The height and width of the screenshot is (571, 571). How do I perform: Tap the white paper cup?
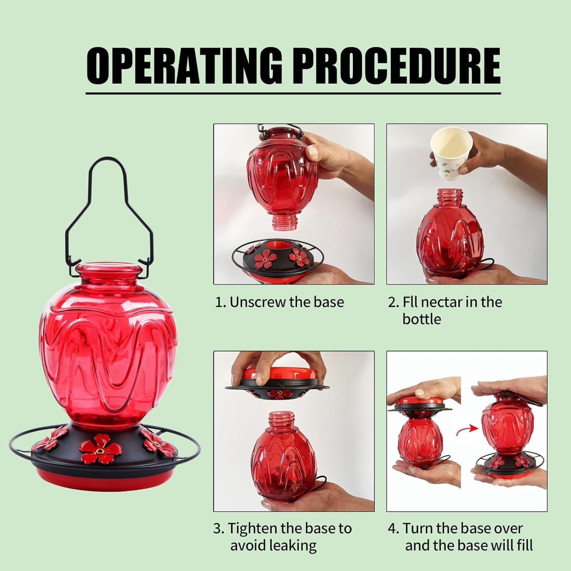[x=451, y=152]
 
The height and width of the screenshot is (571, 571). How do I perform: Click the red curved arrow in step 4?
[x=467, y=430]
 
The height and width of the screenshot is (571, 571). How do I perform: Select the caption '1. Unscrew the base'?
[x=279, y=302]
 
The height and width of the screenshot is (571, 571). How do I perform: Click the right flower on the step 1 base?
[x=299, y=258]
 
